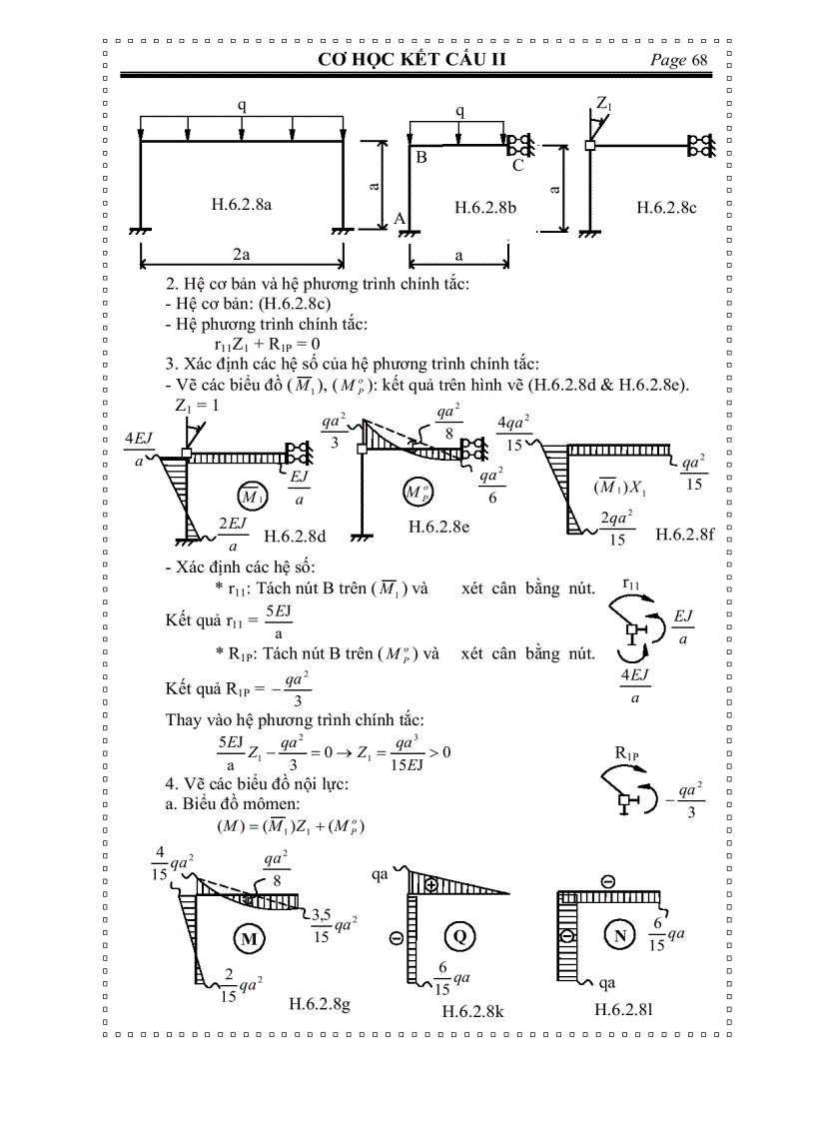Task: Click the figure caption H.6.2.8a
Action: [242, 205]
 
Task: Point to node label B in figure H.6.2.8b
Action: [421, 157]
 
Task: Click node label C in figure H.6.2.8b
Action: [517, 166]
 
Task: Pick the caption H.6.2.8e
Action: [437, 527]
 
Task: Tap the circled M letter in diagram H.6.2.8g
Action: [249, 938]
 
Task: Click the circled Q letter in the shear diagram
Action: [459, 936]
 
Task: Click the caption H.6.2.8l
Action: [623, 1009]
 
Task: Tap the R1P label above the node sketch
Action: [627, 752]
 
